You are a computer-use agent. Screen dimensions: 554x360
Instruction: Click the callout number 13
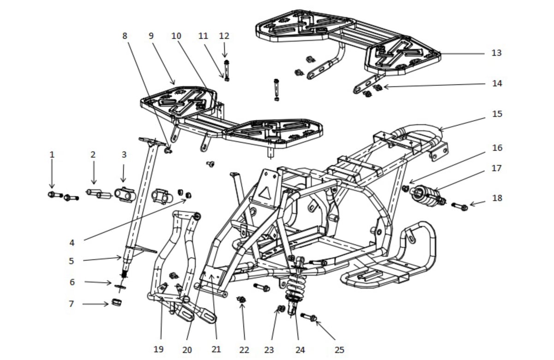coord(496,53)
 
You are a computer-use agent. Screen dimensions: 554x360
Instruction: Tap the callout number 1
coord(52,155)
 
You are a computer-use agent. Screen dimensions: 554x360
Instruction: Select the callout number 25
coord(339,350)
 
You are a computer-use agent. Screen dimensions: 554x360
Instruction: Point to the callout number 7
coord(71,304)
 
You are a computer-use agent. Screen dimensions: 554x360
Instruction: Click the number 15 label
coord(497,114)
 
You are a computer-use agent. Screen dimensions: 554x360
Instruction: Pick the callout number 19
coord(158,349)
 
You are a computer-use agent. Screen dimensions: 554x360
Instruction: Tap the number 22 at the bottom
coord(244,350)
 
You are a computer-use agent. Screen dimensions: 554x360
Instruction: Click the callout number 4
coord(72,243)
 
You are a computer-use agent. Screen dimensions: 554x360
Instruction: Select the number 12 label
coord(224,36)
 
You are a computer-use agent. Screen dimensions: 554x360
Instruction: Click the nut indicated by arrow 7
coord(116,302)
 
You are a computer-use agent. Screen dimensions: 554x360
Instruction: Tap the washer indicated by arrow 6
coord(120,287)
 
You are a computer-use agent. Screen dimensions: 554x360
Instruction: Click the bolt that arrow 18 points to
coord(459,206)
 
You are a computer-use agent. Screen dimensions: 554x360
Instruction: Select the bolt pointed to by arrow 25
coord(309,317)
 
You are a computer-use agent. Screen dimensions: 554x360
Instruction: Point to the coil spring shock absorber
coord(295,287)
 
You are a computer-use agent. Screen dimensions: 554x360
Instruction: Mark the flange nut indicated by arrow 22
coord(241,300)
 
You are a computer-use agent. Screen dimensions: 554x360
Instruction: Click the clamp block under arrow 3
coord(125,195)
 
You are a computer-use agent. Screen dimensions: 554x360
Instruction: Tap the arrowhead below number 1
coord(52,186)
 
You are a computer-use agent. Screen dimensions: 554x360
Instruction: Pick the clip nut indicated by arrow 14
coord(378,87)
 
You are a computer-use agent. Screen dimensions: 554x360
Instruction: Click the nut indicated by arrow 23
coord(281,308)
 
